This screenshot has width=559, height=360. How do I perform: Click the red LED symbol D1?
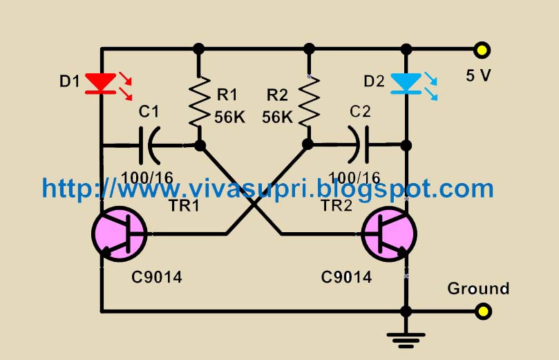point(102,83)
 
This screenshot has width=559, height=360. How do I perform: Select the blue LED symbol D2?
point(406,84)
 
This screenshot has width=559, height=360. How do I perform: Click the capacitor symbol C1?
point(150,146)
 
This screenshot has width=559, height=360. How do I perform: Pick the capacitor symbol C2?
point(359,145)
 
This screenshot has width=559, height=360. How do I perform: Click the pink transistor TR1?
point(119,235)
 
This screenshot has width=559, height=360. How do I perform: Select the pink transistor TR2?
point(389,235)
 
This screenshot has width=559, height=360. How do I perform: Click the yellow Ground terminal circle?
point(482,312)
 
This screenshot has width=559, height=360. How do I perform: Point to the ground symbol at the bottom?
point(406,339)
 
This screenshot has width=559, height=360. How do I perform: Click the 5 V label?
point(478,75)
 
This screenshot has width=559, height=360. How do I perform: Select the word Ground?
point(478,288)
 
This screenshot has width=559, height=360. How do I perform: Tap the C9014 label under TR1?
point(157,278)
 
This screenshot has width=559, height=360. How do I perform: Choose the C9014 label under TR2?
point(346,278)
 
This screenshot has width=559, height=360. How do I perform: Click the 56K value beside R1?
point(229,117)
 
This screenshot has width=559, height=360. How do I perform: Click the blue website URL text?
point(267,188)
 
